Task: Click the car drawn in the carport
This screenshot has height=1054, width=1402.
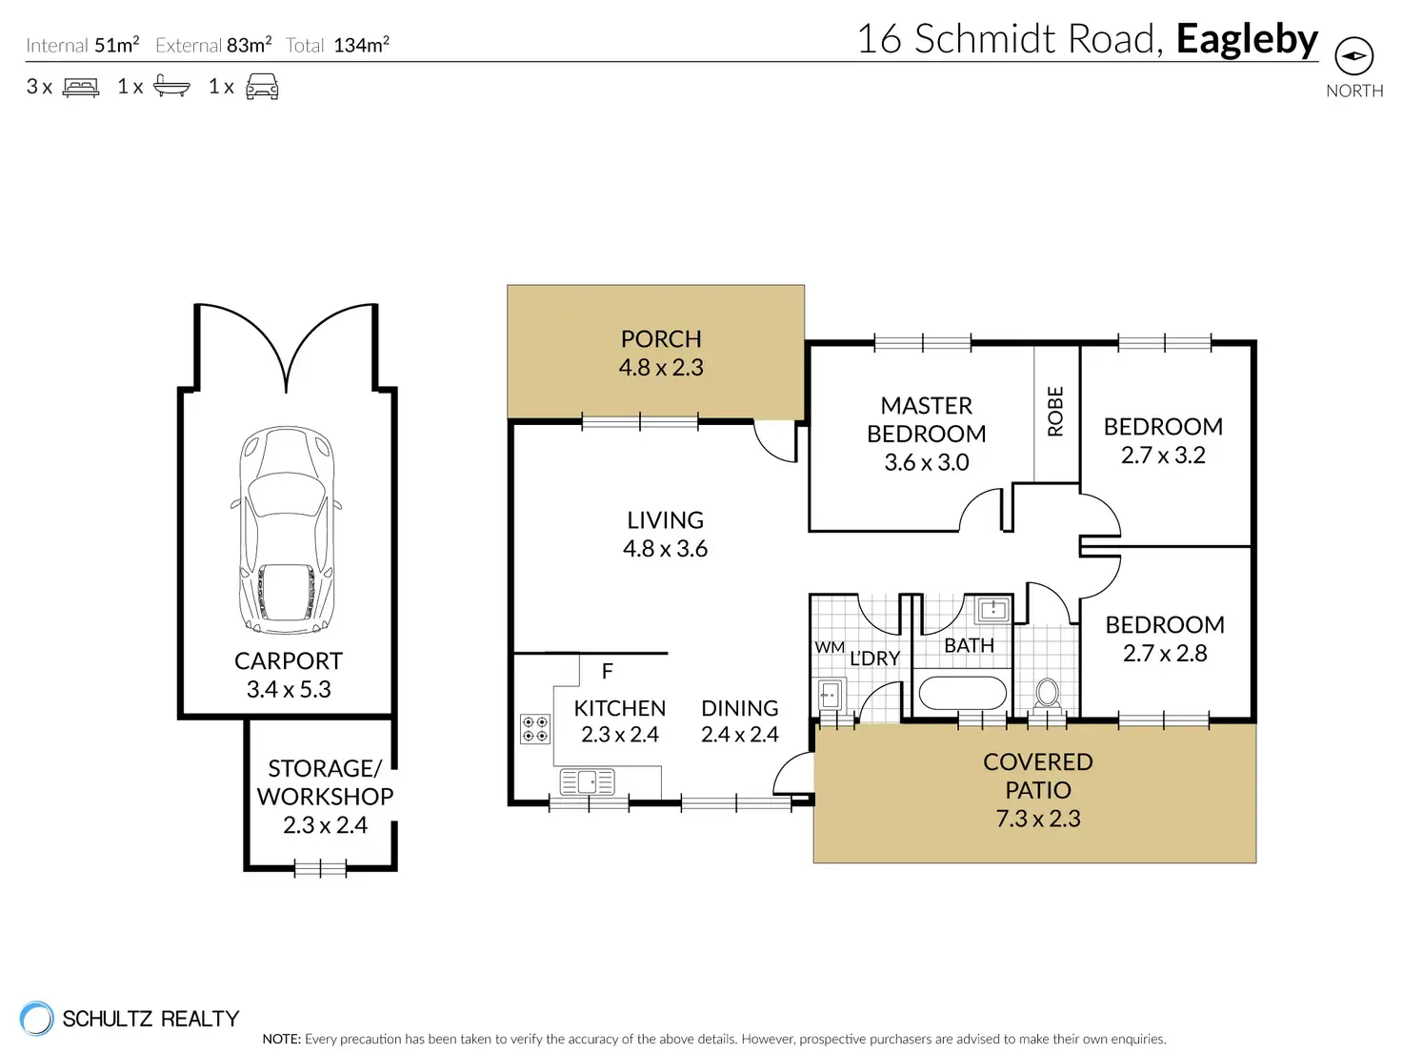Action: (x=286, y=530)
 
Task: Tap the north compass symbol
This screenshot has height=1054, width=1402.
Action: (x=1353, y=55)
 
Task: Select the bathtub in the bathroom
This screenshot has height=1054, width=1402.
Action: (x=962, y=693)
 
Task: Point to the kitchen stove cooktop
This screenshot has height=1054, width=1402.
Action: (x=534, y=729)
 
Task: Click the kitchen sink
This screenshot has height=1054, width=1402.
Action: (x=587, y=781)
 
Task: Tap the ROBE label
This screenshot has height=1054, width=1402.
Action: (x=1055, y=412)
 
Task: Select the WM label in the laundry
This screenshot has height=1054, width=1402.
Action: (x=829, y=647)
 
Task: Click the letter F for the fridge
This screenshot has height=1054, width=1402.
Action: (x=608, y=671)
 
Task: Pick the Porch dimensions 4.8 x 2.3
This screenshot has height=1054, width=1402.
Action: (x=661, y=367)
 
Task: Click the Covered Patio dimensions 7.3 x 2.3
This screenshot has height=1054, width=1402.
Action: (x=1038, y=819)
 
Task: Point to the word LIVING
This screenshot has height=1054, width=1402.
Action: (x=665, y=520)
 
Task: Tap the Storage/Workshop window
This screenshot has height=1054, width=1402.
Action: (x=320, y=868)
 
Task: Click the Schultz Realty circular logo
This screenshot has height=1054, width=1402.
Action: (x=36, y=1018)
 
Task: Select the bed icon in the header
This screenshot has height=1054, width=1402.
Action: (x=80, y=87)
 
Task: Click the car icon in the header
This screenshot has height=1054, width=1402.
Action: (x=262, y=86)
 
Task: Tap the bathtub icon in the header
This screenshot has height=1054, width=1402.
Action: (x=171, y=86)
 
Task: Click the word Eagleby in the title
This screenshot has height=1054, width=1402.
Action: (x=1247, y=40)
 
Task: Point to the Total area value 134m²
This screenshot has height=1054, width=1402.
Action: (x=361, y=45)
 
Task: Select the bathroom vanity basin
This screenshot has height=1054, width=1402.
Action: (x=991, y=610)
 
